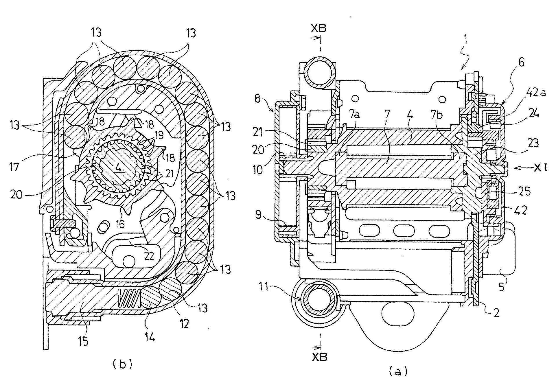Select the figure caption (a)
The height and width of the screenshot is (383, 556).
click(398, 371)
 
